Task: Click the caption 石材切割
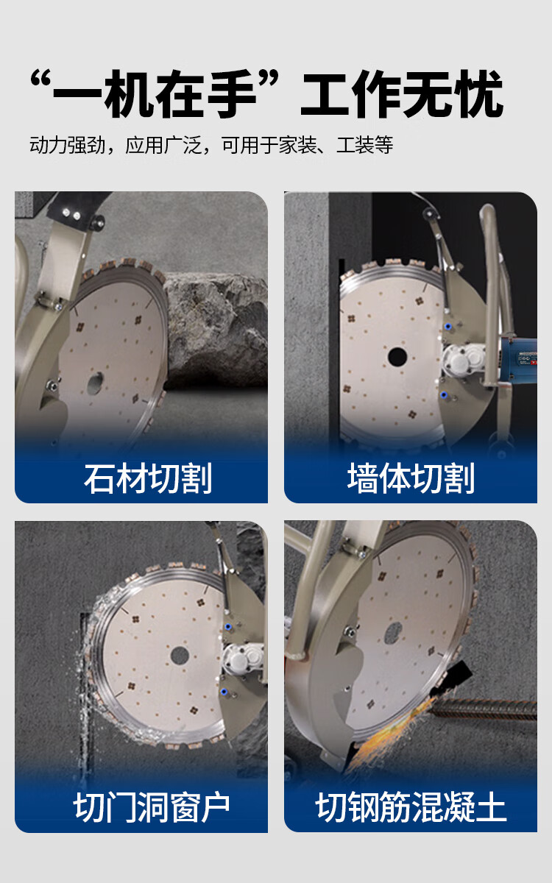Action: tap(148, 478)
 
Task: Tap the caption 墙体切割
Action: tap(411, 478)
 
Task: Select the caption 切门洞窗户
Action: tap(152, 808)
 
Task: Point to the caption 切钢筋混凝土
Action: tap(411, 808)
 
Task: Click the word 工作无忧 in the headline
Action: tap(402, 95)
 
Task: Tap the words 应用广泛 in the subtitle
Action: tap(163, 145)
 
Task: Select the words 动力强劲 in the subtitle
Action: tap(68, 145)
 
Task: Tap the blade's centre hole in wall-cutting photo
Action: tap(397, 356)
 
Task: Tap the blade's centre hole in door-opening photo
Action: tap(180, 655)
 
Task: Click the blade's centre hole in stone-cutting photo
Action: tap(95, 383)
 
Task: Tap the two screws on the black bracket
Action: tap(71, 214)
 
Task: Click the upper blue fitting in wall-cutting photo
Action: tap(448, 327)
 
